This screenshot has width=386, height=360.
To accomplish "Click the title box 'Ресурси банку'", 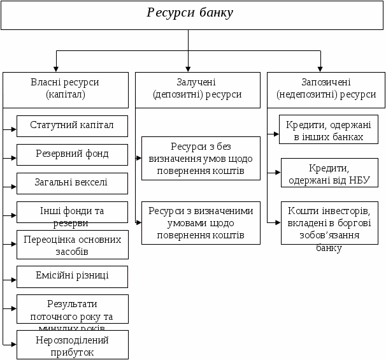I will (190, 15).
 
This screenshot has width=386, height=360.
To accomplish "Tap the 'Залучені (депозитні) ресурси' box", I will (197, 89).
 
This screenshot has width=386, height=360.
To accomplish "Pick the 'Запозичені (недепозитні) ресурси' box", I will (326, 89).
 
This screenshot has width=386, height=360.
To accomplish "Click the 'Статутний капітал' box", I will (72, 126).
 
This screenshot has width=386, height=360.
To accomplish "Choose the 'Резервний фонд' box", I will (72, 154).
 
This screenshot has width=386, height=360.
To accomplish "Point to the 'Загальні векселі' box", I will (72, 183).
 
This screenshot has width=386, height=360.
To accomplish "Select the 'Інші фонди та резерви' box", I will (72, 214).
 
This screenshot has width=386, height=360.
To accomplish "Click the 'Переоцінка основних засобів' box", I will (72, 245).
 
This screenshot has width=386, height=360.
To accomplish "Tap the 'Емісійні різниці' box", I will (72, 276).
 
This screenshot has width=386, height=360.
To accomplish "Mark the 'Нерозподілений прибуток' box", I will (72, 345).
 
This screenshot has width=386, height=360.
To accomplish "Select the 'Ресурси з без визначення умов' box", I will (201, 158).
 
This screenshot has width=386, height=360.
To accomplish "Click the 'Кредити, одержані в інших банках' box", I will (325, 130).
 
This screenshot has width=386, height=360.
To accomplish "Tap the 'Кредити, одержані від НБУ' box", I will (325, 173).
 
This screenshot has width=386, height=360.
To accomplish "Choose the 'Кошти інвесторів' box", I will (325, 223).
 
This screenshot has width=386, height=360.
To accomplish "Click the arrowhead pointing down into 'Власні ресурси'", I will (57, 69).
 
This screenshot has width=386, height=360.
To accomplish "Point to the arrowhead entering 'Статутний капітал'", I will (14, 129).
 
